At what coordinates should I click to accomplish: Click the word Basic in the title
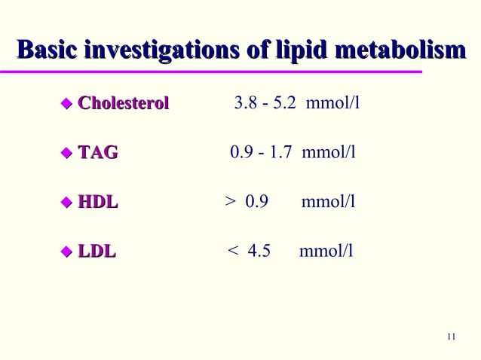pos(47,50)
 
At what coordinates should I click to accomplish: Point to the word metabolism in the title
pos(405,50)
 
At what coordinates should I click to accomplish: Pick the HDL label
pos(98,202)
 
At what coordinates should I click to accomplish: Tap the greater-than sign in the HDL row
pos(229,203)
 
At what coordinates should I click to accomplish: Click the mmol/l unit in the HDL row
pos(328,203)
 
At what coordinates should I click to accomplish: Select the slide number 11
pos(451,336)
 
